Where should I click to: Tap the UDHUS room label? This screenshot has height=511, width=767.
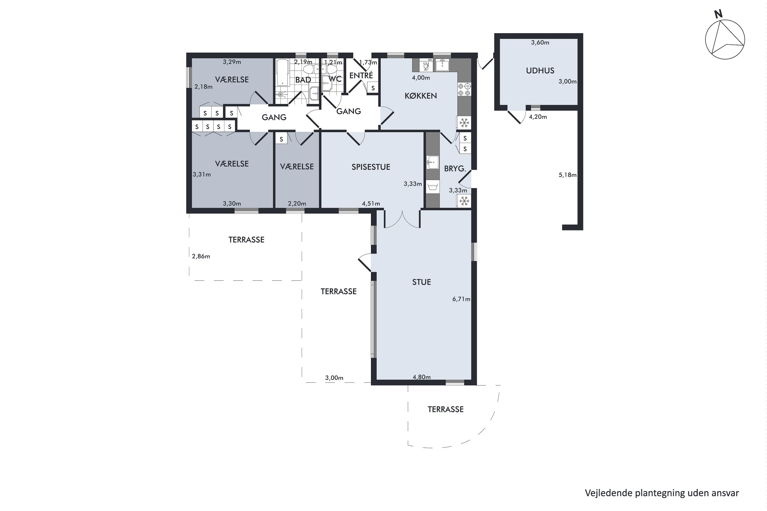pyautogui.click(x=540, y=71)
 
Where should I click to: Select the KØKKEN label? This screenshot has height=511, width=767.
pyautogui.click(x=421, y=96)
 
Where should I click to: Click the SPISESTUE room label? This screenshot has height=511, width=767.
pyautogui.click(x=371, y=167)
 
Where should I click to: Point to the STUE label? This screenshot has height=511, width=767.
pyautogui.click(x=421, y=282)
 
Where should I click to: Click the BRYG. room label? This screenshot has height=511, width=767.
pyautogui.click(x=455, y=168)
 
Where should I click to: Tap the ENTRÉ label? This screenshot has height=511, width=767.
pyautogui.click(x=361, y=75)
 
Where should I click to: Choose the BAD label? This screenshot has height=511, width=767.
pyautogui.click(x=303, y=80)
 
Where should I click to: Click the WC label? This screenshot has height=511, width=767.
pyautogui.click(x=335, y=79)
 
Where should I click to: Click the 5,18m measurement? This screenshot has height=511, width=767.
pyautogui.click(x=567, y=175)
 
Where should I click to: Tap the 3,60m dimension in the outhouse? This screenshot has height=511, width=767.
pyautogui.click(x=540, y=42)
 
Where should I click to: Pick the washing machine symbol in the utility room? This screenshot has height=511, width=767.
pyautogui.click(x=432, y=187)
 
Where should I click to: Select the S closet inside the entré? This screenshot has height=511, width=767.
pyautogui.click(x=373, y=88)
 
